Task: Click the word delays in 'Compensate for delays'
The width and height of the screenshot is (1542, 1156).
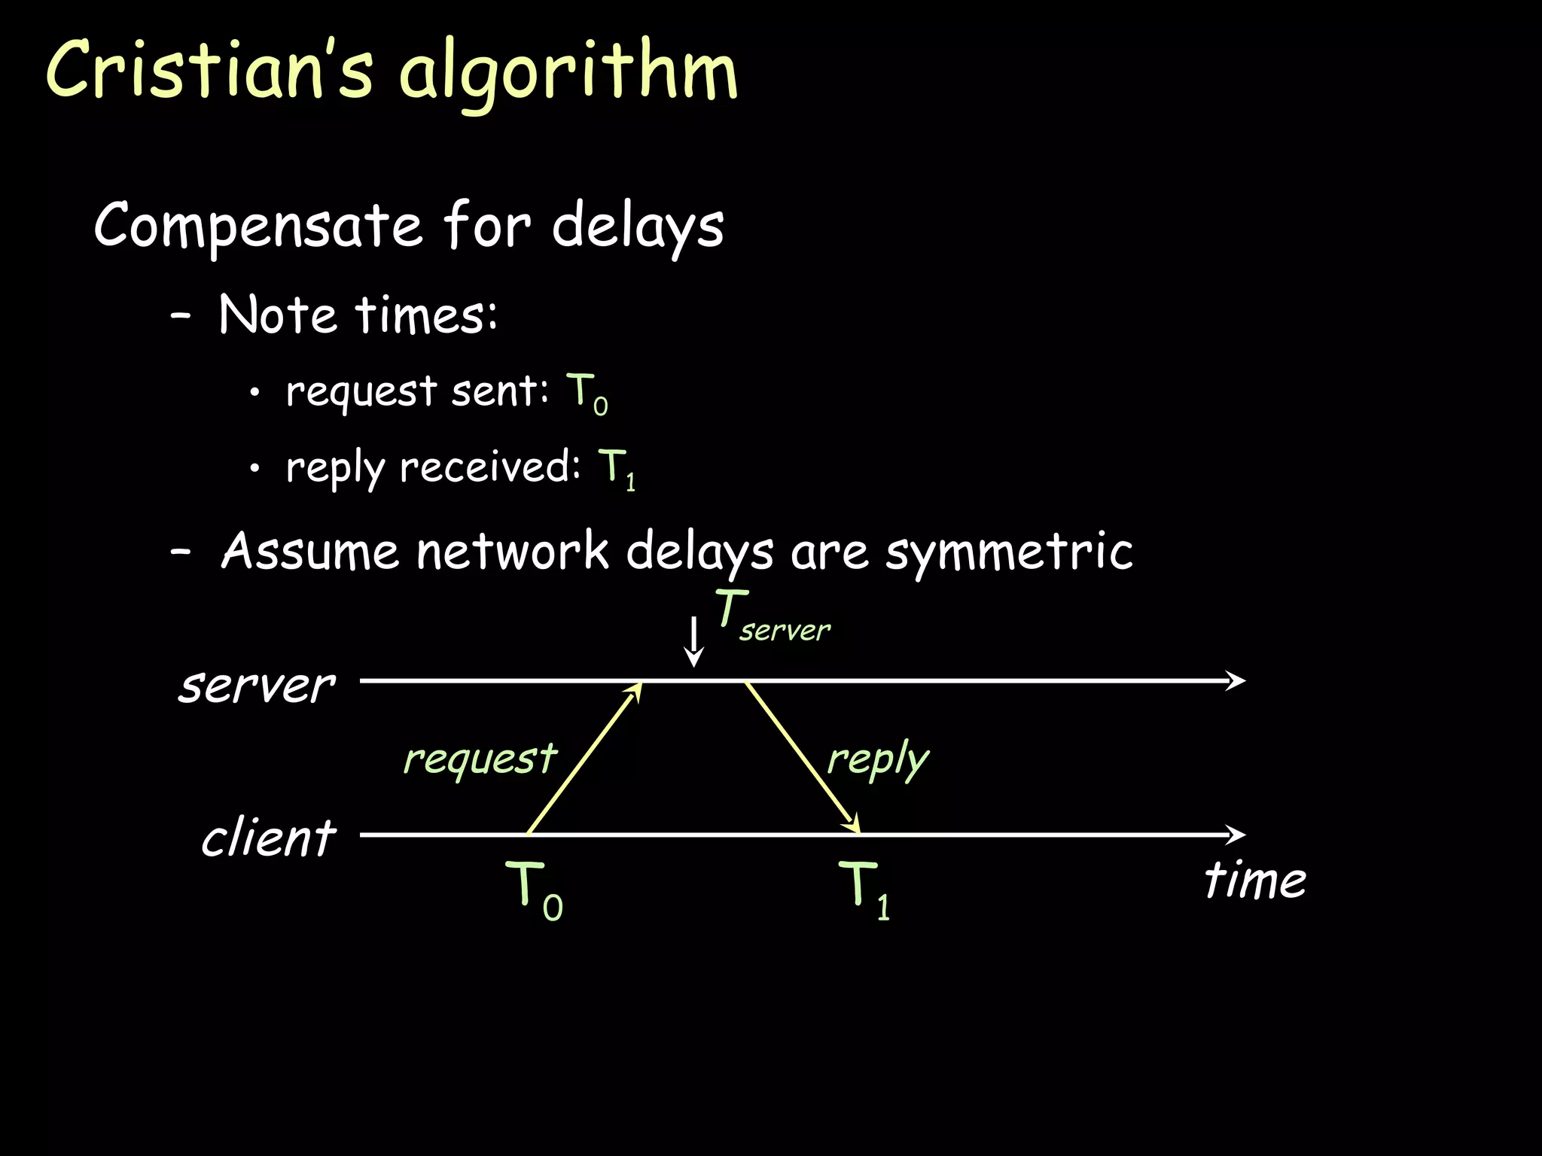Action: (x=638, y=226)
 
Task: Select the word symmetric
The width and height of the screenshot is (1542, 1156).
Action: (x=1009, y=552)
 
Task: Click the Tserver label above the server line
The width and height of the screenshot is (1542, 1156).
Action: (x=772, y=617)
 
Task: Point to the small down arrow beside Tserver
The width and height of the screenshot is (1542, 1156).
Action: (x=693, y=641)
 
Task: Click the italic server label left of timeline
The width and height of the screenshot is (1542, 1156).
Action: (x=257, y=686)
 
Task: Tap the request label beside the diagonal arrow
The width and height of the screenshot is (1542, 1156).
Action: (x=480, y=758)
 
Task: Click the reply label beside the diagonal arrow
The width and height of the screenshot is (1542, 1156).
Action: (x=878, y=760)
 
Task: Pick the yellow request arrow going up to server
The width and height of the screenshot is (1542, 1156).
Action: (x=584, y=758)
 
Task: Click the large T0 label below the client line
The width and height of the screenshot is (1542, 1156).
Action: (x=534, y=890)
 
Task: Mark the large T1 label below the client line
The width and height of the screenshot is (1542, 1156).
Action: (x=865, y=890)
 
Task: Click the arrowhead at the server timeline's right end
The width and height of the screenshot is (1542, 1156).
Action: (x=1236, y=681)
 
